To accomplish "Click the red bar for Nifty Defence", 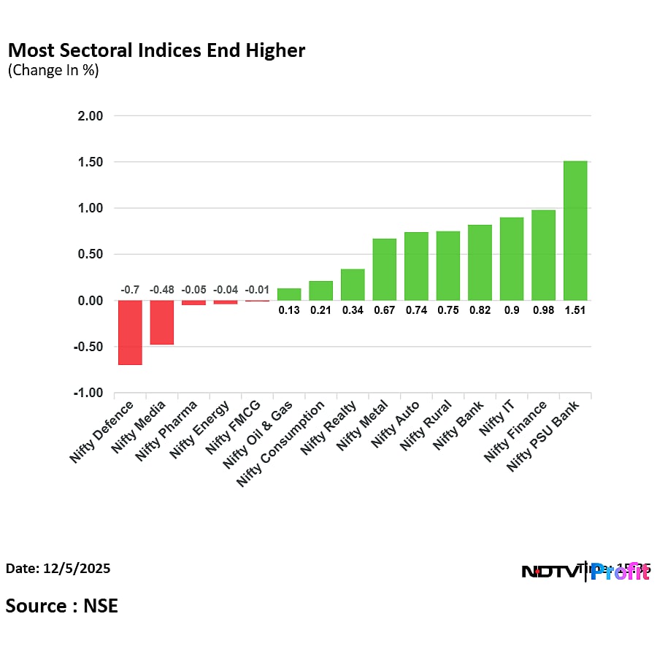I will [130, 332].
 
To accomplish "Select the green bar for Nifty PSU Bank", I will [575, 231].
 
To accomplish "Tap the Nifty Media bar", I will [162, 322].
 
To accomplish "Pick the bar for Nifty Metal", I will [385, 269].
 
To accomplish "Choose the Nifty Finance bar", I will [543, 255].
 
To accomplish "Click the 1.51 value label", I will [575, 310].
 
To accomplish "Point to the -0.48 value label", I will [162, 290].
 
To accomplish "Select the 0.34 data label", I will [353, 310].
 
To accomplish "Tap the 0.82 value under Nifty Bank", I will [480, 310].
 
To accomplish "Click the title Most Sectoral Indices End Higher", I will [156, 50].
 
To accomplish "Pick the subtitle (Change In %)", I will [53, 71].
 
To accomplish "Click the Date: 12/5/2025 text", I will [58, 568].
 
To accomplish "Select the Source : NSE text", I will [61, 605].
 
